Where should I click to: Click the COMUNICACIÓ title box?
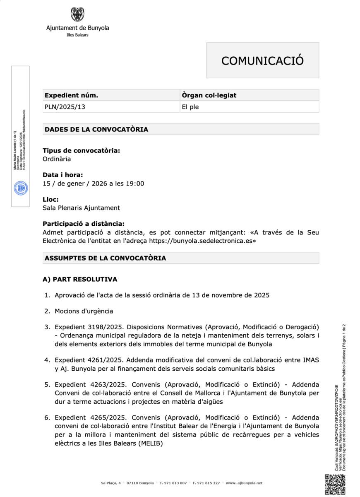pos(262,60)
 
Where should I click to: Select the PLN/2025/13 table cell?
pos(65,107)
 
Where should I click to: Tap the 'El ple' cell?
pos(190,107)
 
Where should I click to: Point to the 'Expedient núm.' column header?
pos(71,95)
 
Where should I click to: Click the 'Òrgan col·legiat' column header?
pos(209,95)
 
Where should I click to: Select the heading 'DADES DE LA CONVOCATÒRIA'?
pos(96,129)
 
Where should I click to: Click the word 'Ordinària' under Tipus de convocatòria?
pos(57,159)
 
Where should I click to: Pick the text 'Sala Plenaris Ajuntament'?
pos(81,208)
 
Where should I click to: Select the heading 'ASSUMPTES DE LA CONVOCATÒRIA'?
pos(105,258)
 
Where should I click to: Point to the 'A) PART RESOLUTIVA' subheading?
pos(80,280)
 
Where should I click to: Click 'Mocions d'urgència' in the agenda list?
pos(84,311)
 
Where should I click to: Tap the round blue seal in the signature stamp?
pos(20,188)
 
